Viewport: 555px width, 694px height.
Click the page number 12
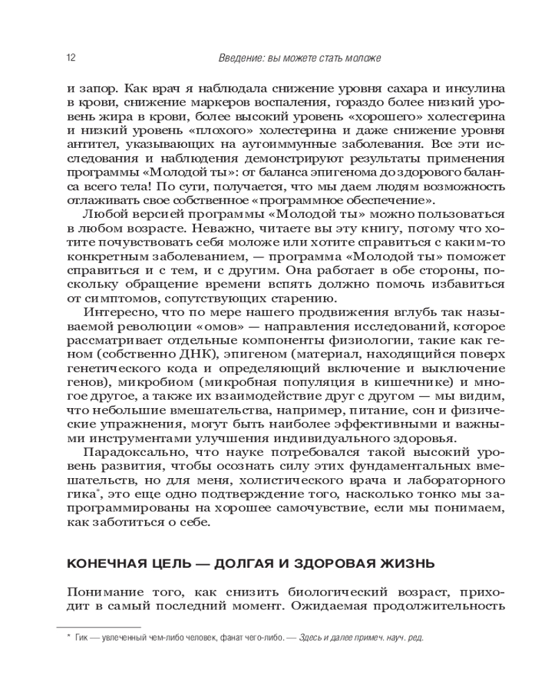pos(71,58)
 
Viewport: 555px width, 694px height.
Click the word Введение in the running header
pos(237,58)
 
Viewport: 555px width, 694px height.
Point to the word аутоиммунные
pos(289,145)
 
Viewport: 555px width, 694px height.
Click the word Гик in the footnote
pos(80,638)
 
